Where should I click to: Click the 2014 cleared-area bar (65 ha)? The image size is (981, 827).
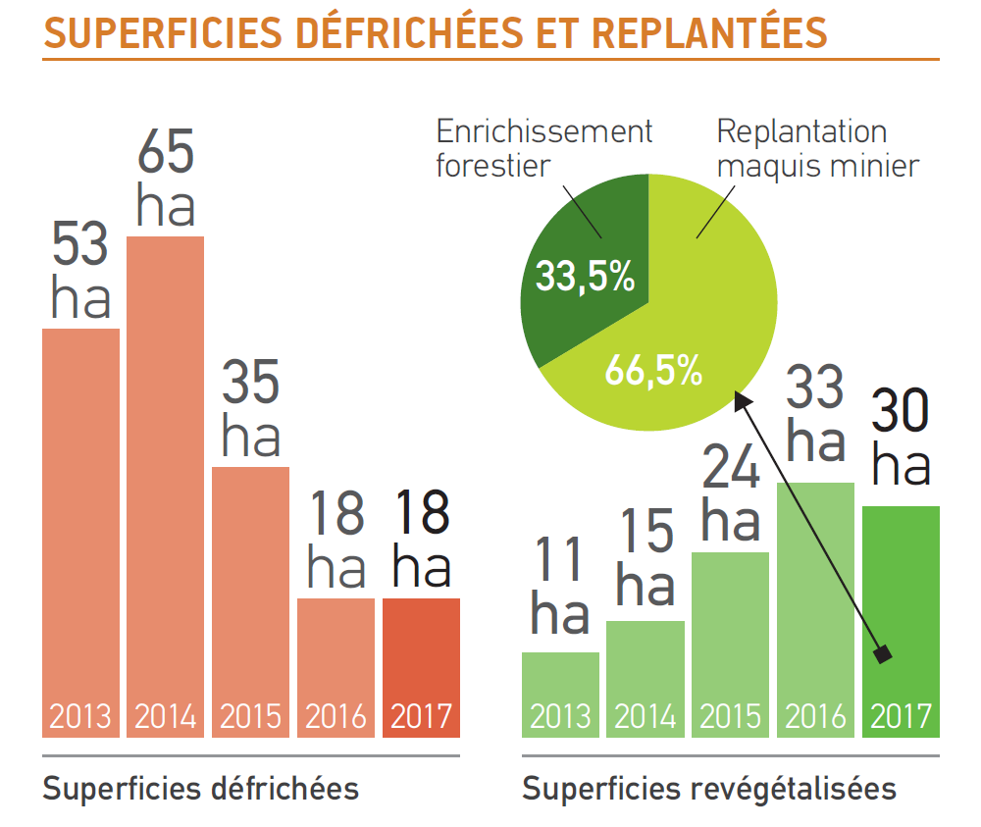[x=166, y=471]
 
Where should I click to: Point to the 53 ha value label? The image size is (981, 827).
[x=80, y=272]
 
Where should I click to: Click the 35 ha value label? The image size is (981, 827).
[x=251, y=409]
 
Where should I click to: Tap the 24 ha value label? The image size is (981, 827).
[x=731, y=495]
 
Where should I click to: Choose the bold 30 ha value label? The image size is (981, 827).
[x=901, y=439]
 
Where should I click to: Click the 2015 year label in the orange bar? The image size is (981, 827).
[x=251, y=716]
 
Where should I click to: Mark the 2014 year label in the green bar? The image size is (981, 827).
[x=645, y=716]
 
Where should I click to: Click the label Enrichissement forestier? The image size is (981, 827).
[x=544, y=147]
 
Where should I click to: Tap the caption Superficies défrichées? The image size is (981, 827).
[x=200, y=788]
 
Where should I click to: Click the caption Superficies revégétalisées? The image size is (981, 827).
[x=709, y=788]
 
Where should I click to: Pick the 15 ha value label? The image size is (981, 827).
[x=645, y=559]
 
